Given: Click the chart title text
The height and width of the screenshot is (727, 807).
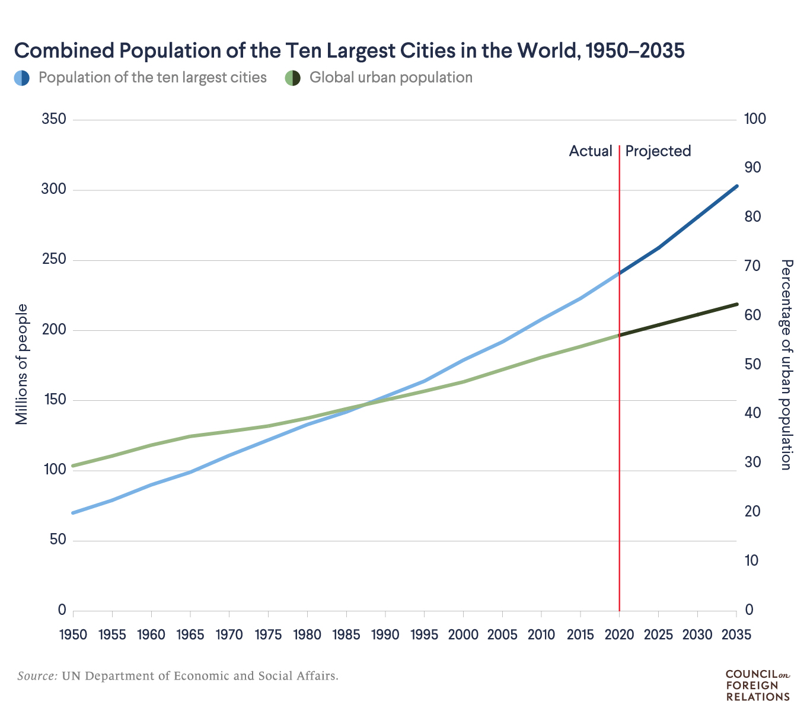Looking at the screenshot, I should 349,51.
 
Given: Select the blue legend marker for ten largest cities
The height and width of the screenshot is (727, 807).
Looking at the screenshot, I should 21,78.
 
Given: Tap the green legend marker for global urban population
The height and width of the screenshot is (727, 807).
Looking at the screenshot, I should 293,78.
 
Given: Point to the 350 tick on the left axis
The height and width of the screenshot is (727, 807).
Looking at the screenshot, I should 53,120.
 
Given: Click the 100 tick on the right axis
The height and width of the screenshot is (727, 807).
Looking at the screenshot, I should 755,120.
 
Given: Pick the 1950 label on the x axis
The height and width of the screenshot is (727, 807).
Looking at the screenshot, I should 73,635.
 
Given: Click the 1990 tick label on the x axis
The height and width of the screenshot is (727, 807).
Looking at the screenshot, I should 385,635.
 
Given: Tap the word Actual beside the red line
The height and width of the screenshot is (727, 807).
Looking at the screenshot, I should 590,151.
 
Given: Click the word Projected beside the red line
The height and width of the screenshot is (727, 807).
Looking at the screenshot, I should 658,151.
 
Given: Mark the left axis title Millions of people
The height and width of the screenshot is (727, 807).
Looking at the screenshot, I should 22,364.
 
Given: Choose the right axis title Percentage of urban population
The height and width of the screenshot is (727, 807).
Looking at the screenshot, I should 786,364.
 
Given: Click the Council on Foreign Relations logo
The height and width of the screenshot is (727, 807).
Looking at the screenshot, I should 758,685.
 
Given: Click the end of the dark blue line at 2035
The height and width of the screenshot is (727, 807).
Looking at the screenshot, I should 736,186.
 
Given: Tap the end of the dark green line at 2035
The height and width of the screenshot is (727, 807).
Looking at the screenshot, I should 736,304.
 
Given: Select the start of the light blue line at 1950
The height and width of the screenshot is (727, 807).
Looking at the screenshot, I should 73,512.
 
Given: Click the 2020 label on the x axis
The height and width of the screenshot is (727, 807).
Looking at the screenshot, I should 619,635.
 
